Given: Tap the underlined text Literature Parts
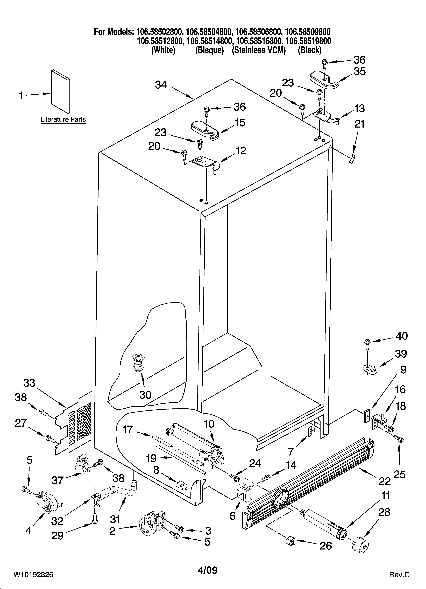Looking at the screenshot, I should click(63, 120).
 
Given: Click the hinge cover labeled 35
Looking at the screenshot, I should click(324, 80).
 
